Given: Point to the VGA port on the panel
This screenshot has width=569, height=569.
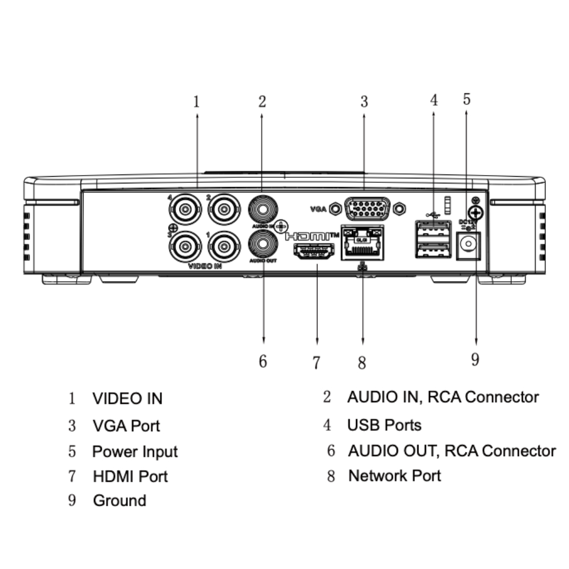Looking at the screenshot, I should [x=367, y=209].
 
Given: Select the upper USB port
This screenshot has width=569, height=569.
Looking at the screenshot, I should [x=432, y=228].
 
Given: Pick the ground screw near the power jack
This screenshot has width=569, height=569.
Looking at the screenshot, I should [x=474, y=212].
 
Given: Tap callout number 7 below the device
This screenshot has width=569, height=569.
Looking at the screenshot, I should [x=316, y=363].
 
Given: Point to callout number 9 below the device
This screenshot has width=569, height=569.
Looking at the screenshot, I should [x=475, y=360].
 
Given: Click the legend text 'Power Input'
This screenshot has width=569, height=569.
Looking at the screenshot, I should [x=134, y=451].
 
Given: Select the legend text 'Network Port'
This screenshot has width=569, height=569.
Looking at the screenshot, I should [x=395, y=476].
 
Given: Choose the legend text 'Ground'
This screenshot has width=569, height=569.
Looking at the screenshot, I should [x=119, y=500].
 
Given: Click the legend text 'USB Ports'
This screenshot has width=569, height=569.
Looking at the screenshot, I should [x=384, y=425].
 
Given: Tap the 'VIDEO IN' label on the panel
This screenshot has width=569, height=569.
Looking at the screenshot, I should [x=205, y=266].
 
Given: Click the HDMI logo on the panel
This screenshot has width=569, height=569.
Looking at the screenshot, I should [x=311, y=236].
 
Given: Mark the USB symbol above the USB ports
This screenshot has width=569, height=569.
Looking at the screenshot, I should [x=431, y=214].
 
